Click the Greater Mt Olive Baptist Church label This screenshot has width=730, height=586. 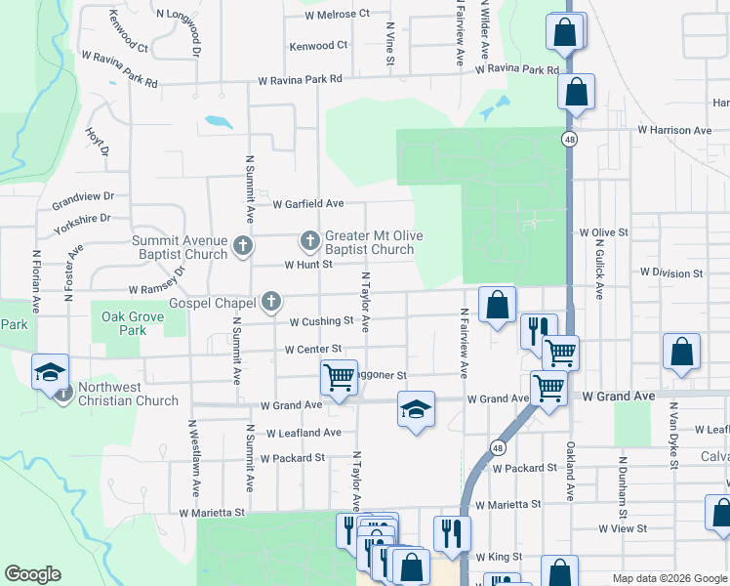[x=369, y=242]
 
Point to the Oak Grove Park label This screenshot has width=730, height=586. [x=126, y=323]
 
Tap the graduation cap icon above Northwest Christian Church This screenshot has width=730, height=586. [x=50, y=371]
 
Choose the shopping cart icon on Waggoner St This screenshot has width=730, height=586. [x=338, y=376]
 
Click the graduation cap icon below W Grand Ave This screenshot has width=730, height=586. [x=416, y=408]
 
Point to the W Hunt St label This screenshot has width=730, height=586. [x=308, y=265]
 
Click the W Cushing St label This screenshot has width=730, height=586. [x=320, y=320]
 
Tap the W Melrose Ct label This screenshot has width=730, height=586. [x=338, y=14]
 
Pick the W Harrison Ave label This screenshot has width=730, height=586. [x=674, y=130]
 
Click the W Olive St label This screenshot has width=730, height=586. [x=602, y=232]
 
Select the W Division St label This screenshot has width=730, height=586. [x=665, y=273]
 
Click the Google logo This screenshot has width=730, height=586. [x=32, y=574]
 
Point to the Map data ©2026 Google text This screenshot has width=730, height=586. [x=669, y=578]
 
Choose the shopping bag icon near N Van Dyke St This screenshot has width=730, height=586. [x=681, y=353]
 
